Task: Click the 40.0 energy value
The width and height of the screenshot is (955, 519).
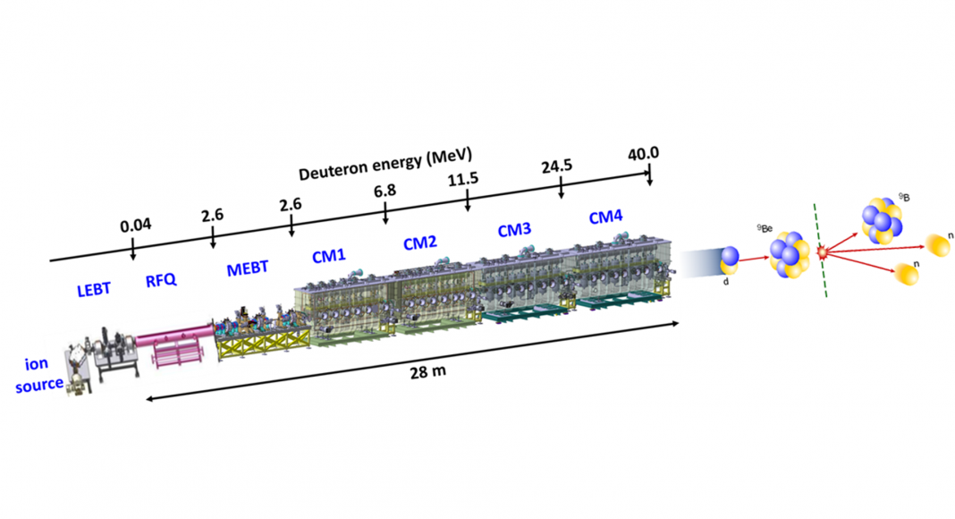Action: click(644, 153)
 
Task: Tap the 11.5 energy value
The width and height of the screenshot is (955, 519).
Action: click(463, 179)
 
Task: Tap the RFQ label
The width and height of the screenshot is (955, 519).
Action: click(161, 281)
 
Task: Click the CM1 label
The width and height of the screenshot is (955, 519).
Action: click(329, 256)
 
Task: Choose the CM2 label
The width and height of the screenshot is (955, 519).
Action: click(419, 242)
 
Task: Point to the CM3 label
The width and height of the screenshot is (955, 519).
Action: click(514, 230)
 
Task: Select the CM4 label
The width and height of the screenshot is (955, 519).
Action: click(605, 217)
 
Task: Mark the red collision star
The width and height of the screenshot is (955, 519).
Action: click(823, 255)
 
